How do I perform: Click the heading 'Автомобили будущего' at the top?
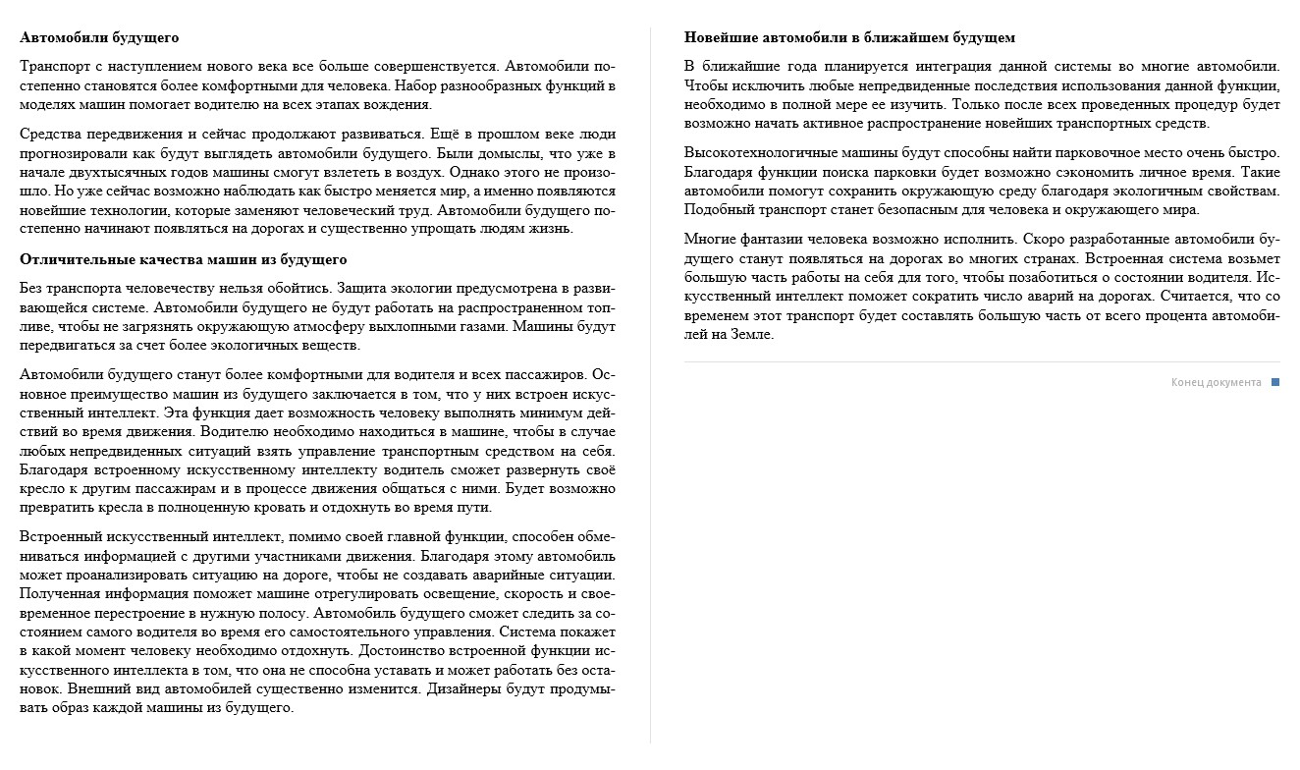(x=99, y=37)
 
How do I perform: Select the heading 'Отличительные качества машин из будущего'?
(x=184, y=259)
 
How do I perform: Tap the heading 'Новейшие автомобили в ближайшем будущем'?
(x=849, y=37)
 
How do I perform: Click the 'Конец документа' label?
(x=1216, y=382)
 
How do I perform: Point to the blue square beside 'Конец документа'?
(x=1275, y=382)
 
